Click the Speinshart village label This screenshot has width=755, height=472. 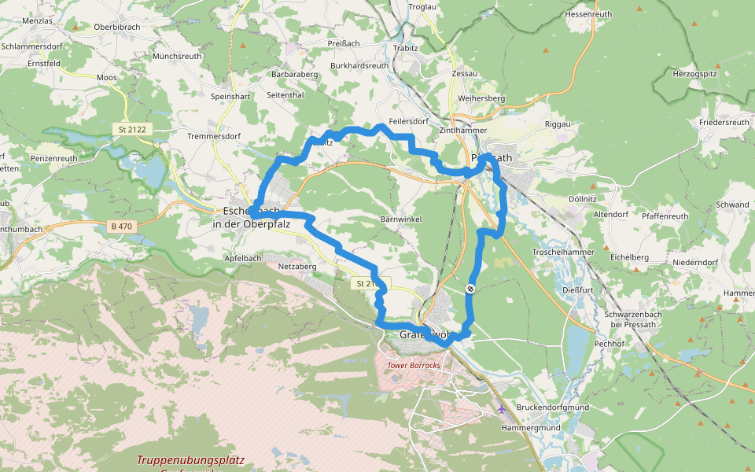(x=230, y=96)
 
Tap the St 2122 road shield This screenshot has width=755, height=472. (x=134, y=129)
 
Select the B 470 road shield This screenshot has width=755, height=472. (x=122, y=227)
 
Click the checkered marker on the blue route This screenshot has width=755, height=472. (x=470, y=289)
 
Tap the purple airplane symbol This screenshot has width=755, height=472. (x=502, y=408)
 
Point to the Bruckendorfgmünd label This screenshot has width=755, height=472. (x=553, y=407)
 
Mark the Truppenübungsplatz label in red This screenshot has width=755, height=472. (x=190, y=460)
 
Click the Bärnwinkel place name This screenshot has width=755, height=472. (x=402, y=218)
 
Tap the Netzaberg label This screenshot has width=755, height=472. (x=297, y=267)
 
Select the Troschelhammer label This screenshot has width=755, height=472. (x=563, y=251)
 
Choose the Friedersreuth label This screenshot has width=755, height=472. (x=724, y=122)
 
